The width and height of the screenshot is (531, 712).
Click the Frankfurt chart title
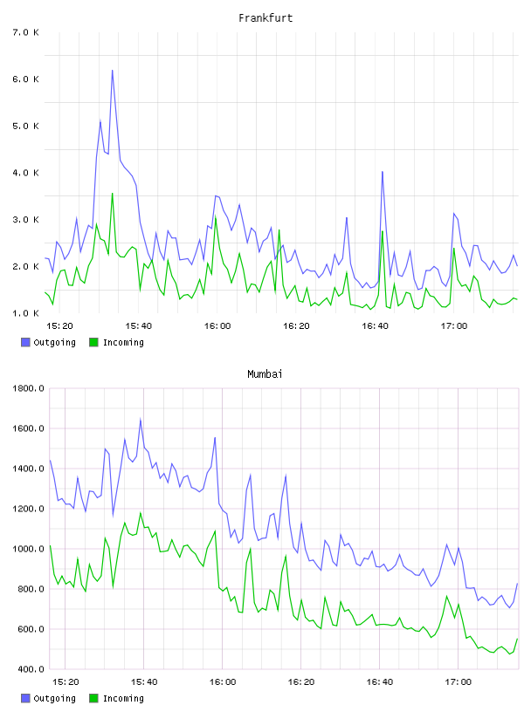pyautogui.click(x=265, y=18)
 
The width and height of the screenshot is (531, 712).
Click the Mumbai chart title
pyautogui.click(x=265, y=374)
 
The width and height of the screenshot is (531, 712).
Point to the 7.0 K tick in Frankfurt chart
pyautogui.click(x=26, y=32)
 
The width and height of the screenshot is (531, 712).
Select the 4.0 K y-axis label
pyautogui.click(x=26, y=173)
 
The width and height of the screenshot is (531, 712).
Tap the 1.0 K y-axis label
pyautogui.click(x=26, y=313)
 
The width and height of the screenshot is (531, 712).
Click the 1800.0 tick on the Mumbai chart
pyautogui.click(x=28, y=388)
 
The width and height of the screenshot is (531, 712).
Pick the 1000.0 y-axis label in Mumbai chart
pyautogui.click(x=28, y=549)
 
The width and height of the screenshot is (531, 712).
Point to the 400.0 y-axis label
pyautogui.click(x=31, y=669)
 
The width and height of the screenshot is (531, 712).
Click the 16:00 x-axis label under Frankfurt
pyautogui.click(x=217, y=326)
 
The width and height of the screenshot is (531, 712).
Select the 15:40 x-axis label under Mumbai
pyautogui.click(x=144, y=682)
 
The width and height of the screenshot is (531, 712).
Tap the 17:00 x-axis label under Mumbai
pyautogui.click(x=459, y=682)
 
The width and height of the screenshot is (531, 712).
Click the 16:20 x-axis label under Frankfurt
pyautogui.click(x=296, y=326)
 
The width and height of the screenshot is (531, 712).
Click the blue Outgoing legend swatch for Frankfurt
pyautogui.click(x=25, y=342)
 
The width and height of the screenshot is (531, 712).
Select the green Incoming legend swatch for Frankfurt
pyautogui.click(x=93, y=342)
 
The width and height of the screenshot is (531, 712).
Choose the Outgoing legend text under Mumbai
pyautogui.click(x=54, y=698)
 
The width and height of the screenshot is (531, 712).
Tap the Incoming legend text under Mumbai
pyautogui.click(x=123, y=698)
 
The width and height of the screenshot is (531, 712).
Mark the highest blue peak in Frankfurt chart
pyautogui.click(x=113, y=71)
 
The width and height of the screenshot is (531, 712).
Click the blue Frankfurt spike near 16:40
pyautogui.click(x=383, y=172)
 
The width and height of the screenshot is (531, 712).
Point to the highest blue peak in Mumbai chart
pyautogui.click(x=141, y=420)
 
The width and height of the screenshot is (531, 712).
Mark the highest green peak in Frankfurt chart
pyautogui.click(x=113, y=194)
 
